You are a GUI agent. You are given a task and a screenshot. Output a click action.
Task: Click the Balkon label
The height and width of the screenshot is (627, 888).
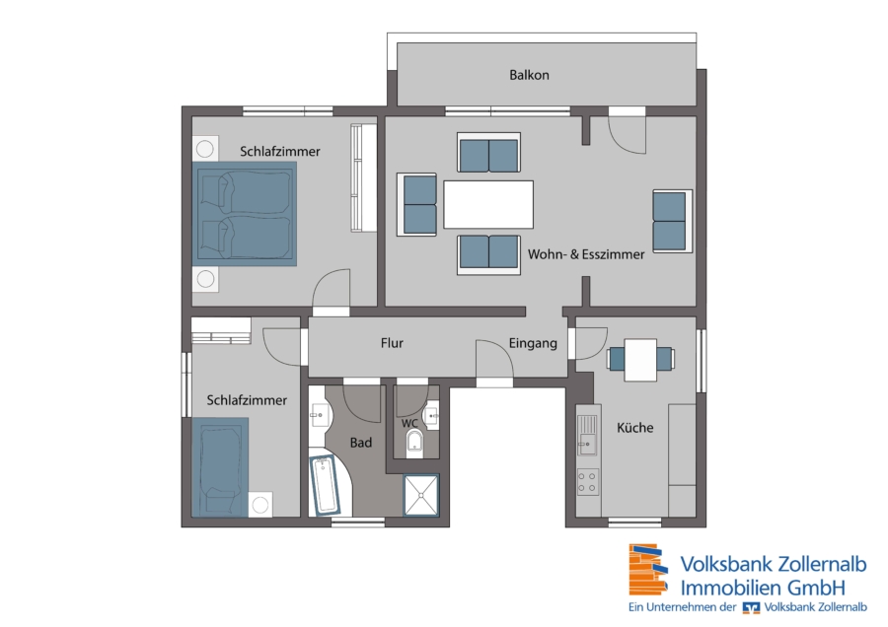529,75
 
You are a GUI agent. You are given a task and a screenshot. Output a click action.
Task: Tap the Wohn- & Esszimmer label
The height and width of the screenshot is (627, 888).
586,254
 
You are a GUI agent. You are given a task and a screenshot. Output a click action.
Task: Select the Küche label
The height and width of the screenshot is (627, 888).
634,427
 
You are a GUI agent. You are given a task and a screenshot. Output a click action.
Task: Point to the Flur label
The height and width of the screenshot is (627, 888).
392,343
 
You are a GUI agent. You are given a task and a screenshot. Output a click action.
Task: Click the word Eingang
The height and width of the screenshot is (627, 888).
533,343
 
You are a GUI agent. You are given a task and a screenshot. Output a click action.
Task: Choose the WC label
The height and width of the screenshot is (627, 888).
409,423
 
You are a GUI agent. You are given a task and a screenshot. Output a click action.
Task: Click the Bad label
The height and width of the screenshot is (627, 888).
361,443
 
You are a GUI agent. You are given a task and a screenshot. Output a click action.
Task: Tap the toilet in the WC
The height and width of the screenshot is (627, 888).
414,443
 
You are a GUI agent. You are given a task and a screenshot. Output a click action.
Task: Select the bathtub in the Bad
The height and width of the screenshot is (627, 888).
325,485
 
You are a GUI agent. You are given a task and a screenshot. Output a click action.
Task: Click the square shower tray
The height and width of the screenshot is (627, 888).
420,496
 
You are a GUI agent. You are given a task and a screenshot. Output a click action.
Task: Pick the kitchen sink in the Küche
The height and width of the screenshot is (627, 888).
587,435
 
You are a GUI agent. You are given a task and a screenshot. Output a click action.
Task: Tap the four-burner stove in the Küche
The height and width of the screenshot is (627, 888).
588,482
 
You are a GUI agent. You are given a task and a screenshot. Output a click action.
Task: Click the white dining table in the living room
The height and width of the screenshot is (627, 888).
488,204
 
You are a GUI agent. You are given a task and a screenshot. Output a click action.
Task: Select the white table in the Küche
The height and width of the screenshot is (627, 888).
640,360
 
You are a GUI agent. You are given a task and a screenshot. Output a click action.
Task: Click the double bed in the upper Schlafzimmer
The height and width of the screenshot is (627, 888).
245,214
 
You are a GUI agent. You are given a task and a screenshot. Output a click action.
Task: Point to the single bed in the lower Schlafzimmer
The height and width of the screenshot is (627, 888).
220,467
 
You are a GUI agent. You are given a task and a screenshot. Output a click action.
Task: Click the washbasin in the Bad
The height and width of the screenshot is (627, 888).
318,415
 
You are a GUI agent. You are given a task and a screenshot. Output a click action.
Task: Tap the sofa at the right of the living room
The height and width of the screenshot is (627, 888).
672,221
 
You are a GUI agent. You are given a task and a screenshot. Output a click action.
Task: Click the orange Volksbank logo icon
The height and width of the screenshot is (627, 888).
648,569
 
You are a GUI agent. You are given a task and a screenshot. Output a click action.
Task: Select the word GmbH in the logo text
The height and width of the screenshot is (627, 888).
817,588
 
